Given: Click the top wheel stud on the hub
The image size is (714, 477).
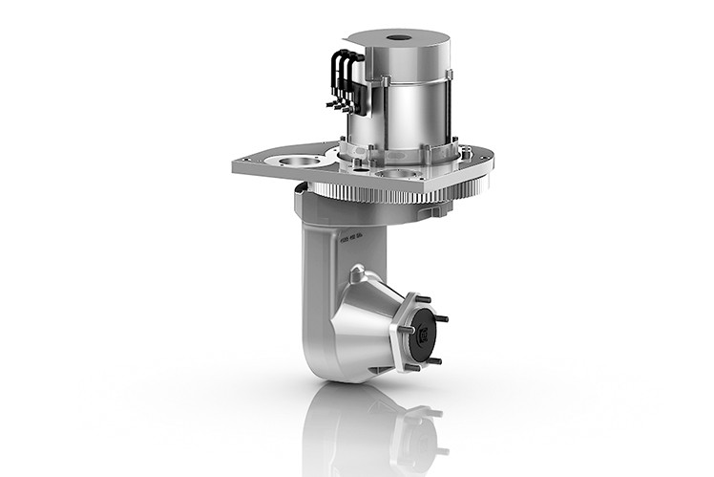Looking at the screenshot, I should (x=421, y=297).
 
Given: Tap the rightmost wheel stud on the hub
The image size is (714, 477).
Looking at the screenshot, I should (x=445, y=319).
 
